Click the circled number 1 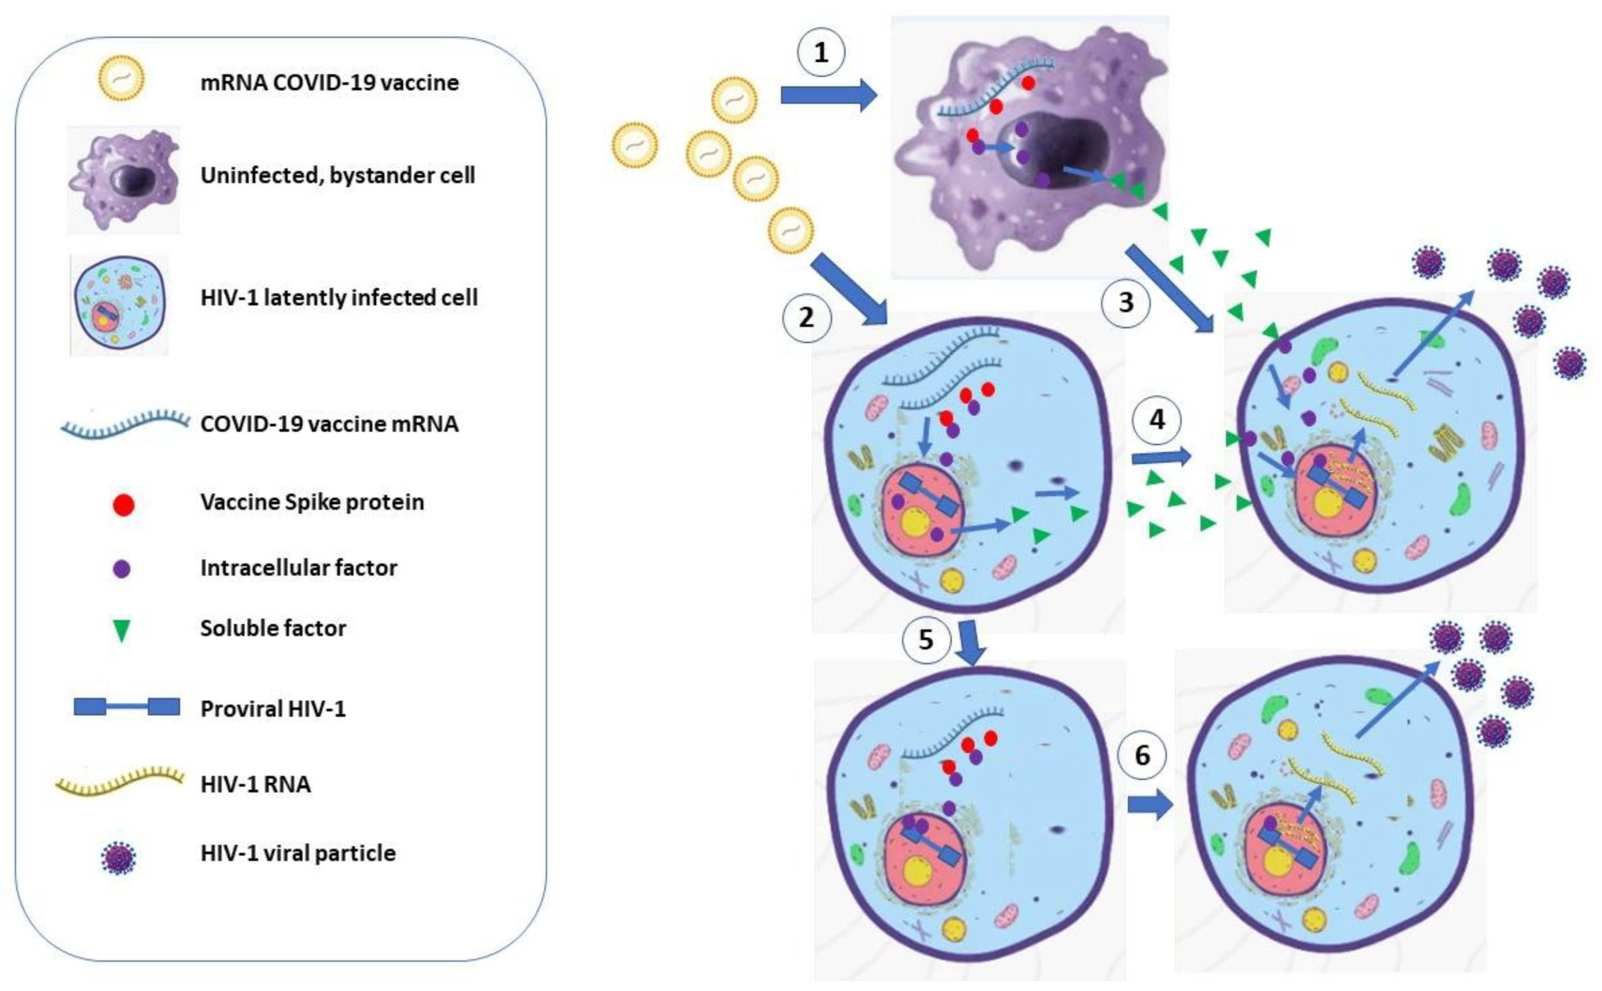821,53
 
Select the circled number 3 1126,302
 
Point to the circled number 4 1157,420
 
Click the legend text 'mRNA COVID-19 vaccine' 329,83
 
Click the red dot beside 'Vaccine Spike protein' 123,505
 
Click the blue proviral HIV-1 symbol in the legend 127,707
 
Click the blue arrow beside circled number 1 828,96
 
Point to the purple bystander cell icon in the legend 123,179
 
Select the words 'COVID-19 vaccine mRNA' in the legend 329,424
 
